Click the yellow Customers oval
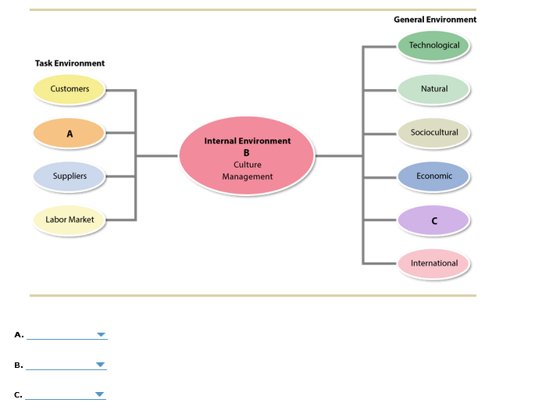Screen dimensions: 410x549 tap(70, 89)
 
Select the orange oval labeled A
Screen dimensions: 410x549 tap(69, 134)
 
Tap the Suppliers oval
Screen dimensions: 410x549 tap(70, 176)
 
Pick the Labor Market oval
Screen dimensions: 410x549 tap(70, 220)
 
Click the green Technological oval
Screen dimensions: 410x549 tap(434, 45)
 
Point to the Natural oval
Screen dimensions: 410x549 tap(434, 89)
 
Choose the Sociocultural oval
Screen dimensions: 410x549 tap(434, 133)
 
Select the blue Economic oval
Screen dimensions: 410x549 tap(434, 176)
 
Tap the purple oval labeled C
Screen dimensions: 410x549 tap(434, 220)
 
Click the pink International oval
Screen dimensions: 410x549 tap(434, 263)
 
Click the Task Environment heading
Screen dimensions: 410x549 tap(70, 63)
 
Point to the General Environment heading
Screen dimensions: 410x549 tap(435, 20)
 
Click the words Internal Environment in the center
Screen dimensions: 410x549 tap(248, 141)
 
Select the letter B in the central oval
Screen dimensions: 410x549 tap(247, 153)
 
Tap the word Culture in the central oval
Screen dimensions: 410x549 tap(248, 165)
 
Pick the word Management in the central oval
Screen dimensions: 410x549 tap(248, 176)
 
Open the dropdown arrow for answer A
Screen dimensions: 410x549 tap(101, 335)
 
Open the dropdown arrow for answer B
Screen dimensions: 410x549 tap(100, 365)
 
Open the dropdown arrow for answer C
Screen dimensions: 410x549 tap(100, 394)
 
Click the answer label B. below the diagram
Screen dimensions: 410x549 tap(19, 365)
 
